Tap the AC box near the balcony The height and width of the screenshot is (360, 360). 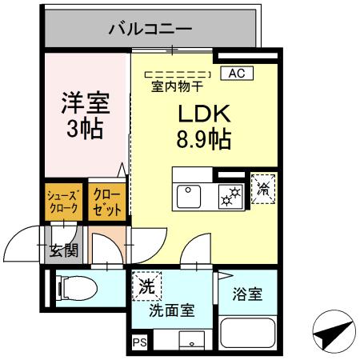pos(236,73)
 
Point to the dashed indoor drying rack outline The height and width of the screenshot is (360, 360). pos(180,74)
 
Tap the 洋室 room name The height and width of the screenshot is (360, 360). pos(85,103)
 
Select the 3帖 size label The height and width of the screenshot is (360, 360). pos(85,130)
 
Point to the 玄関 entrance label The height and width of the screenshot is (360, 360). pos(63,250)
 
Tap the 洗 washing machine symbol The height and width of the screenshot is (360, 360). pos(147,284)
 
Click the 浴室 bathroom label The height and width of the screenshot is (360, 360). pos(247,294)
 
